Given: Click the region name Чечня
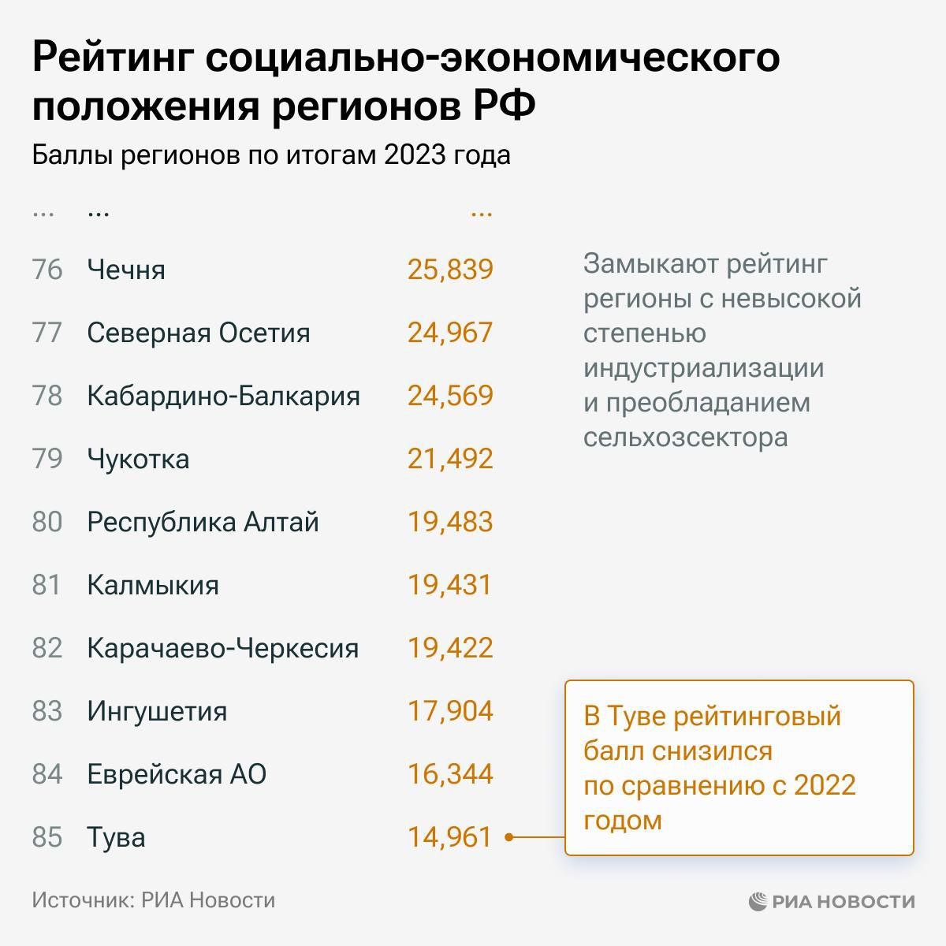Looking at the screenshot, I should pyautogui.click(x=126, y=270).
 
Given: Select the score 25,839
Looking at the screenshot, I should pyautogui.click(x=450, y=270).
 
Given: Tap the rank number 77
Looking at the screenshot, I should pyautogui.click(x=47, y=333).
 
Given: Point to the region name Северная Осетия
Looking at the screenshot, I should pyautogui.click(x=199, y=333).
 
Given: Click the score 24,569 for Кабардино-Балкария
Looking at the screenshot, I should pyautogui.click(x=450, y=396).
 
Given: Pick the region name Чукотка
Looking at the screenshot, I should pyautogui.click(x=138, y=459).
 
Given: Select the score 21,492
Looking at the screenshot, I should pyautogui.click(x=450, y=459).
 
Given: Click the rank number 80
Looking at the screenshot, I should pyautogui.click(x=47, y=522).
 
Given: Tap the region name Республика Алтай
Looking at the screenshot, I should pyautogui.click(x=203, y=522).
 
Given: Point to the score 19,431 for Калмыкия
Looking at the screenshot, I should pyautogui.click(x=449, y=585).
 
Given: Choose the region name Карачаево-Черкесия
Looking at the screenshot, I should pyautogui.click(x=222, y=648).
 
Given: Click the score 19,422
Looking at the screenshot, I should pyautogui.click(x=450, y=648).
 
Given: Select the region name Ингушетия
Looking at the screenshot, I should pyautogui.click(x=157, y=711).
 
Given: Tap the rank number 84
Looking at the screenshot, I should pyautogui.click(x=47, y=774).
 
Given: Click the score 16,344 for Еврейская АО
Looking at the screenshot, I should pyautogui.click(x=450, y=774).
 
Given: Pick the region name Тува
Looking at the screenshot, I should pyautogui.click(x=116, y=837).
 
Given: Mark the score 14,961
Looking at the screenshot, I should pyautogui.click(x=449, y=837).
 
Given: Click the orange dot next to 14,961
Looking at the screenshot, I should pyautogui.click(x=509, y=837).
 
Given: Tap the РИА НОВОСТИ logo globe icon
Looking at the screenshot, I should pyautogui.click(x=758, y=901).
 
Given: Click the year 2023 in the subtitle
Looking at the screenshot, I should pyautogui.click(x=415, y=155).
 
